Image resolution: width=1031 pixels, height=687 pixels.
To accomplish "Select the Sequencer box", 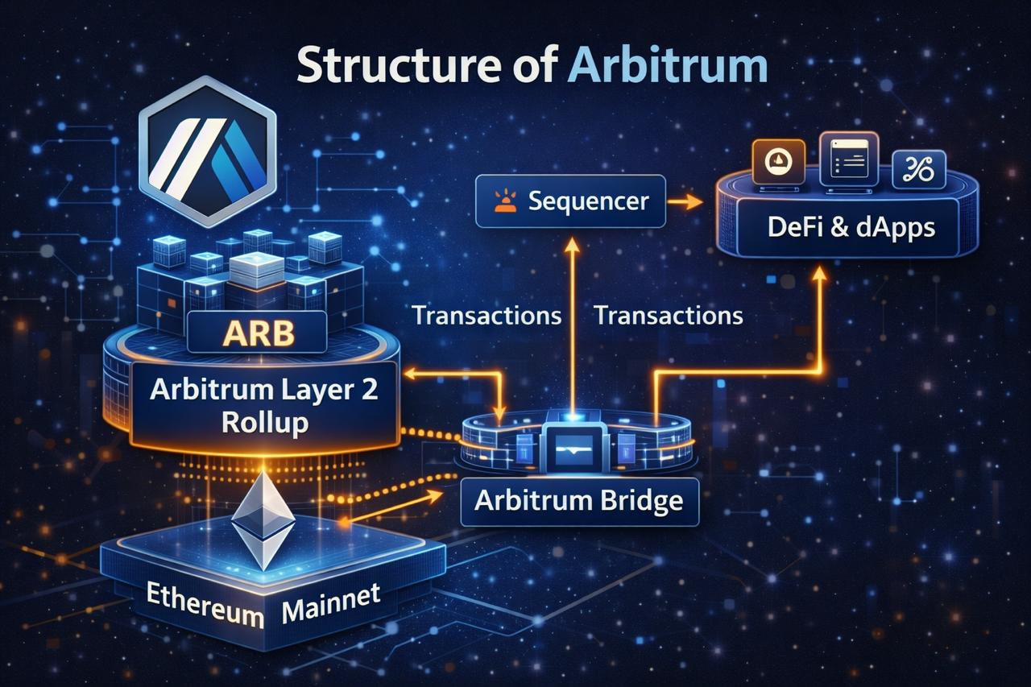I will (570, 200).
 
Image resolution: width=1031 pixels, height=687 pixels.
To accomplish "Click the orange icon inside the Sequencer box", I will (504, 200).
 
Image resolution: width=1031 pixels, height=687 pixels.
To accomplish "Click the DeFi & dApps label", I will (852, 227).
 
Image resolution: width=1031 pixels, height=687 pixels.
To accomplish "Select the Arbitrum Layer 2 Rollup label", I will (264, 407).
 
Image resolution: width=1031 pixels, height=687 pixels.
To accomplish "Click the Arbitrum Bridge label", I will (578, 500).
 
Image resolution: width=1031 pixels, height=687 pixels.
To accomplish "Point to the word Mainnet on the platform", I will (331, 606).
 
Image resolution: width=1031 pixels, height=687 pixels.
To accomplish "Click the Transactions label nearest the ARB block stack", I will (487, 315).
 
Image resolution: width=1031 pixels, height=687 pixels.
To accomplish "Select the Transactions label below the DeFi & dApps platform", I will (669, 315).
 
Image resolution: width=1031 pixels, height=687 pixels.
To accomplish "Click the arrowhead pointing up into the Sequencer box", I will (572, 245).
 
